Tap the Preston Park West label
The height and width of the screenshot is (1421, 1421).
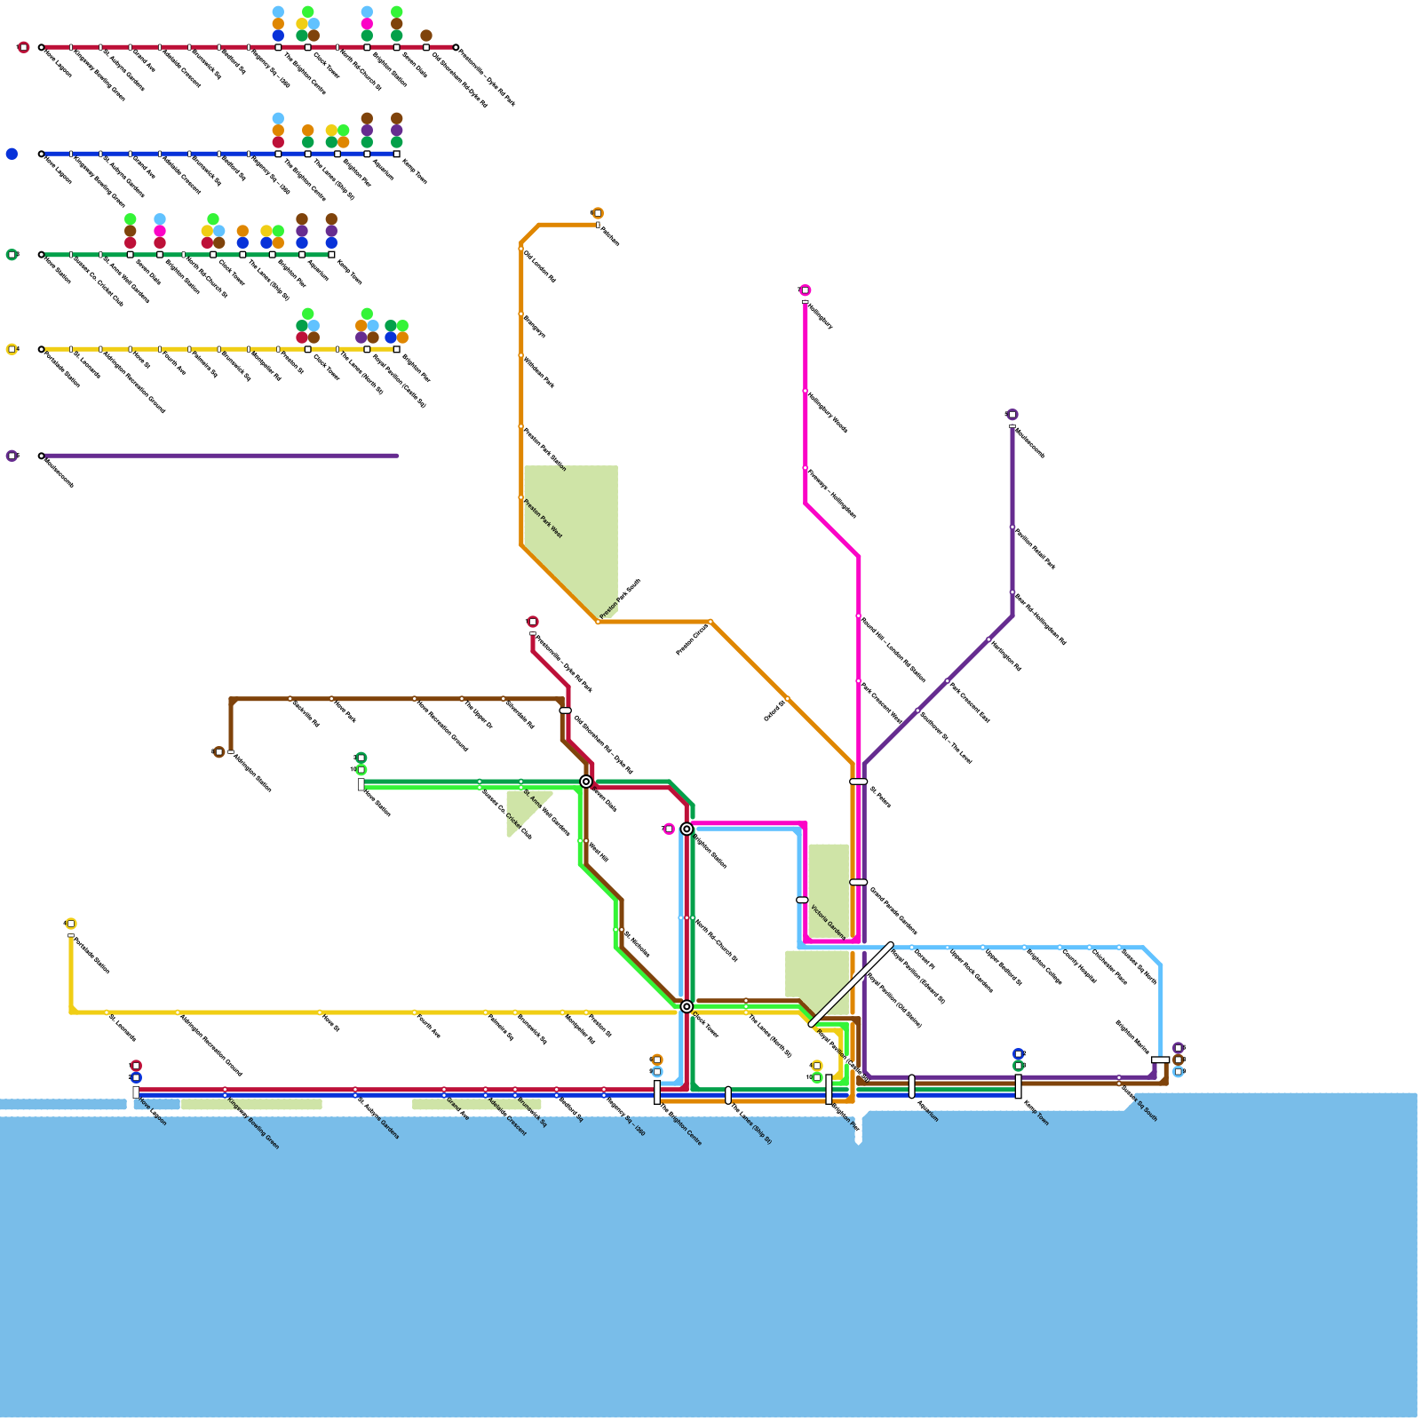tap(543, 519)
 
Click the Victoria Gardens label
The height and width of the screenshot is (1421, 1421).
tap(828, 922)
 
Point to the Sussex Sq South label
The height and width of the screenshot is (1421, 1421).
tap(1139, 1103)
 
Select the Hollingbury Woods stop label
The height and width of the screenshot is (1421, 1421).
tap(828, 412)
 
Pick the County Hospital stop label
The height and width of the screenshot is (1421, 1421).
tap(1078, 965)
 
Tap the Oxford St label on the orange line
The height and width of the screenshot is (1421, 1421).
tap(774, 710)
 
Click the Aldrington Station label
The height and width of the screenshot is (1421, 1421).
tap(252, 772)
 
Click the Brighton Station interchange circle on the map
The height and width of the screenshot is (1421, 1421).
tap(687, 829)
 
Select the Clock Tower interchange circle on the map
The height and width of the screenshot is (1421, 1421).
tap(687, 1006)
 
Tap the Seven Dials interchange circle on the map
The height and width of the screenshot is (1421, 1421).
tap(586, 782)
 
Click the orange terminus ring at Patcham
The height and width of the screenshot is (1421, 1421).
tap(598, 213)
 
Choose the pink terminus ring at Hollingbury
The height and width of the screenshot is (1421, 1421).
tap(806, 290)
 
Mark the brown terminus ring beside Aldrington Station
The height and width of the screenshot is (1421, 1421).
tap(219, 752)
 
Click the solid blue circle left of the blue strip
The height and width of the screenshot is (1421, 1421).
tap(12, 154)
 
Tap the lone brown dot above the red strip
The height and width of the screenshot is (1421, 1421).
tap(426, 36)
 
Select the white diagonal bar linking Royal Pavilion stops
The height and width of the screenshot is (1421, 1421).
tap(852, 984)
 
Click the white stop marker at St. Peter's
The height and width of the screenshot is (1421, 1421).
tap(859, 782)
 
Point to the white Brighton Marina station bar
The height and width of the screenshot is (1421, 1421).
tap(1160, 1060)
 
